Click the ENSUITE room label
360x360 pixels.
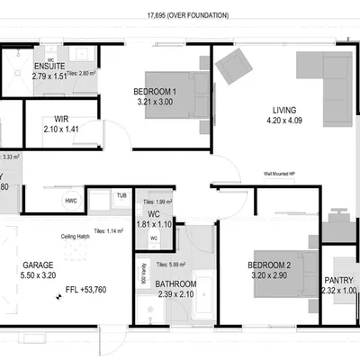click(x=49, y=67)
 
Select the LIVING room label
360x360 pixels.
click(x=283, y=112)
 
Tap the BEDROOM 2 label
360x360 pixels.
click(x=270, y=266)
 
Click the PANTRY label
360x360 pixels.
click(x=338, y=280)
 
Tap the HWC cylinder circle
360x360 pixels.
click(x=70, y=201)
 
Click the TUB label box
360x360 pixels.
click(x=121, y=195)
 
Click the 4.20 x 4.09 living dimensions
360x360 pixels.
click(x=283, y=127)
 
